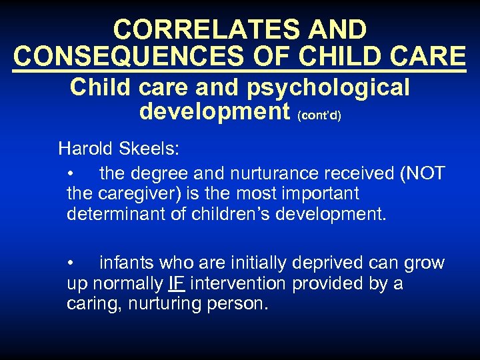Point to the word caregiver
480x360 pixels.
(139, 194)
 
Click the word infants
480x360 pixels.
(130, 263)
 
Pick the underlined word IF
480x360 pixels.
(177, 283)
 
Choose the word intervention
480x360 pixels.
(238, 283)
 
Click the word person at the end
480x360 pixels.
(238, 304)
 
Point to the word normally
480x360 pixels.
(128, 283)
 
